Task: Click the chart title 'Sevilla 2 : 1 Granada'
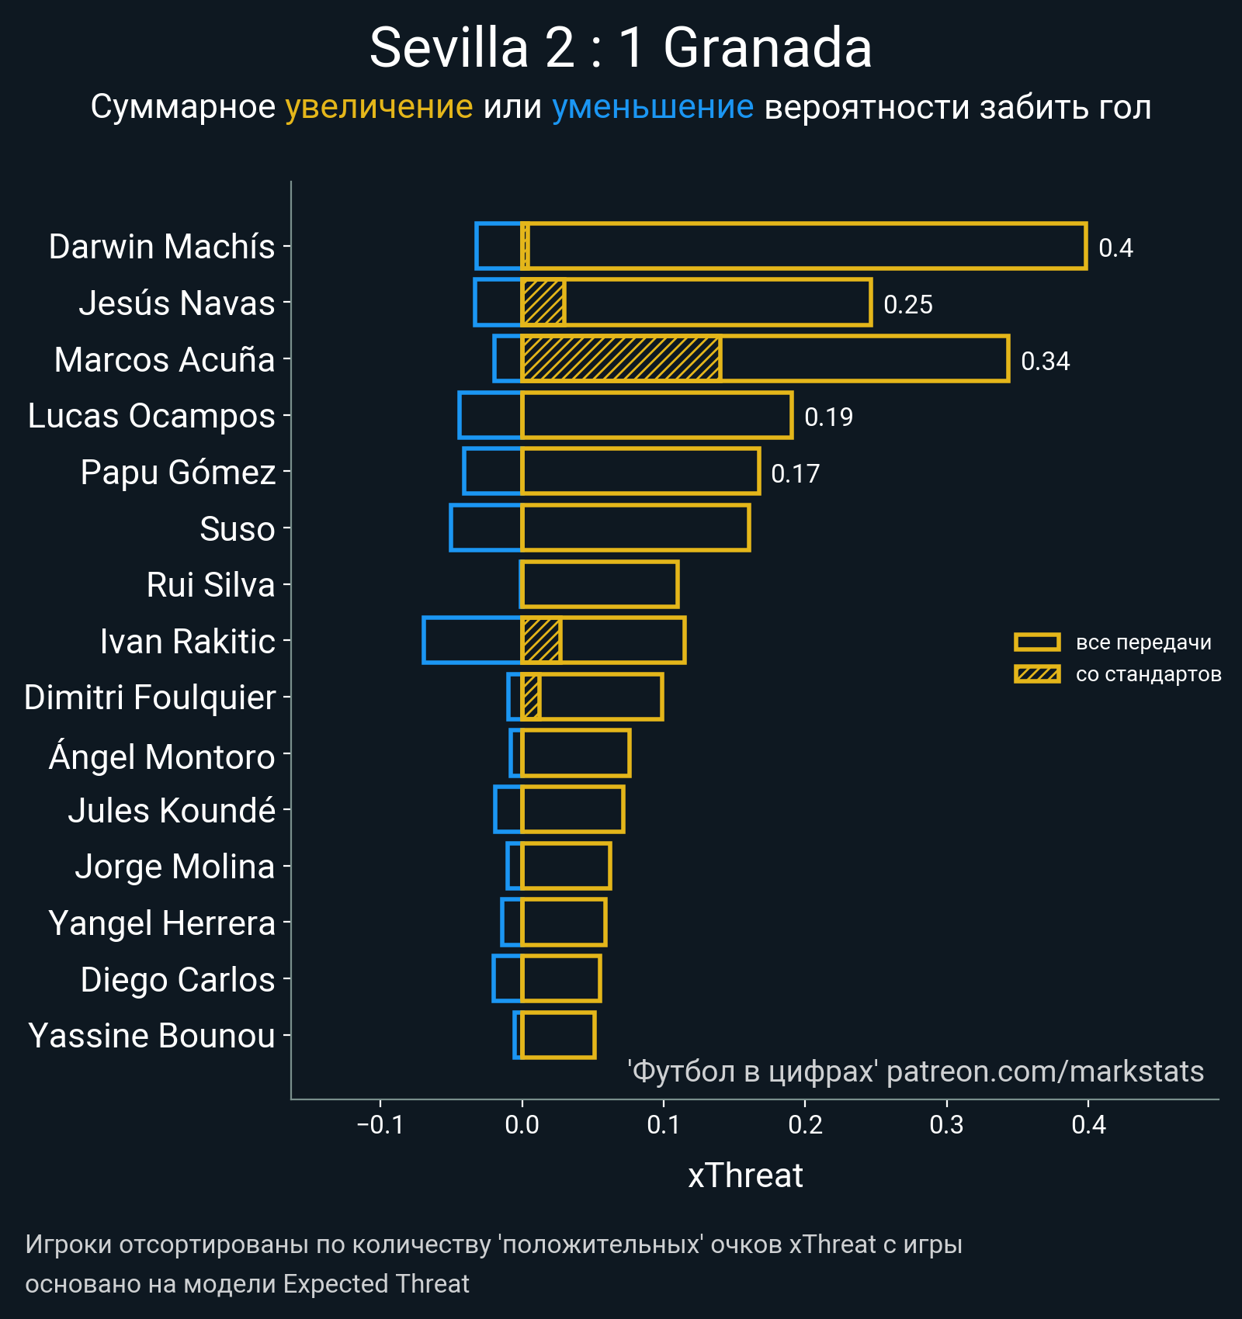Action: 620,48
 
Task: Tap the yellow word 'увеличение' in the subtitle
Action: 379,107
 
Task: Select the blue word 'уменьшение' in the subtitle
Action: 652,107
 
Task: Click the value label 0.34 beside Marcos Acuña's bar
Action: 1045,361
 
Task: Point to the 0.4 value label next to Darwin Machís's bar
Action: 1115,248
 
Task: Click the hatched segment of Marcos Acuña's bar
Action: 621,358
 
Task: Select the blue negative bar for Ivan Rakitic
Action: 472,640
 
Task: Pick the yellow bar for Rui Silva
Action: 599,584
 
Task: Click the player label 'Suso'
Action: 237,529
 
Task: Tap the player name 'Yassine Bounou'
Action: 151,1036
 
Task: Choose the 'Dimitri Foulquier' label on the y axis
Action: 150,698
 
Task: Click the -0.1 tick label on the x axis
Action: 380,1124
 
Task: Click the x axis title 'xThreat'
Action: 745,1175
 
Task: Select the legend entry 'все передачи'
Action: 1143,642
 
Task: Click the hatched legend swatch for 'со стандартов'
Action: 1037,674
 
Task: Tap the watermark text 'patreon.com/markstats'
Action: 1045,1071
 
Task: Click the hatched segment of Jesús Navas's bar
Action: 543,303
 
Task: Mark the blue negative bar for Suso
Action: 485,528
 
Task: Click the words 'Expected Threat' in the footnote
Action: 376,1284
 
